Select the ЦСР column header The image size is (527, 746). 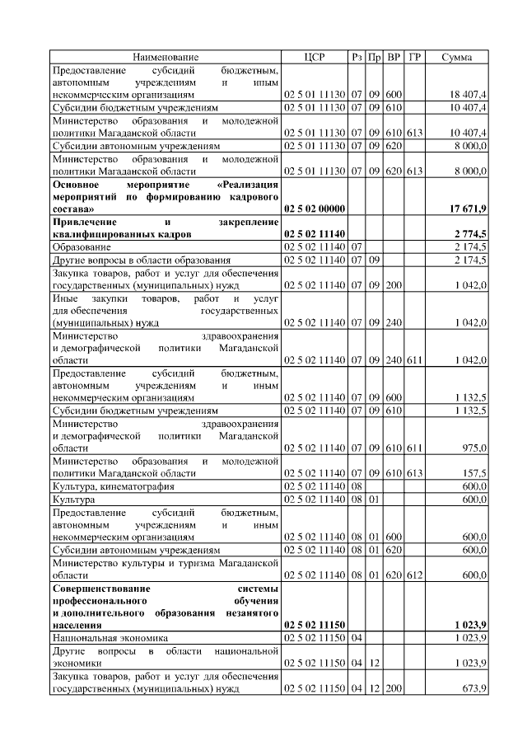(x=315, y=57)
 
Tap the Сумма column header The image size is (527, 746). (x=457, y=57)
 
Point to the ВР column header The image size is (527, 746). (x=394, y=57)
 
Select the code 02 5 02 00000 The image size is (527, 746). (x=315, y=209)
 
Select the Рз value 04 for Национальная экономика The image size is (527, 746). (x=357, y=637)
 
